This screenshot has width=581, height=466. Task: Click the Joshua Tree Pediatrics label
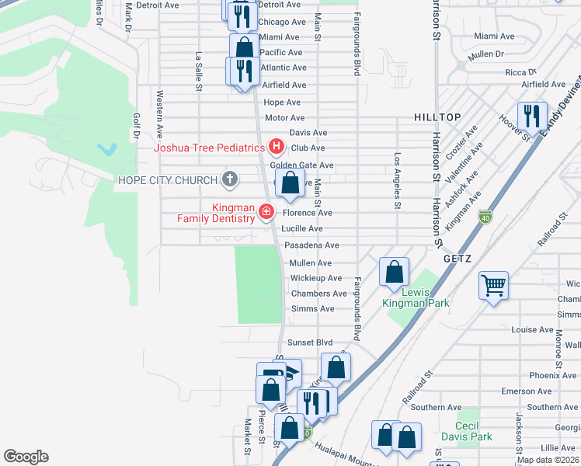(x=209, y=148)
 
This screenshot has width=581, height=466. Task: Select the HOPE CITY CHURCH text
(x=167, y=180)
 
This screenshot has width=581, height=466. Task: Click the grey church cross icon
(x=229, y=180)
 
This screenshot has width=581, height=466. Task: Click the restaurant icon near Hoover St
(x=532, y=116)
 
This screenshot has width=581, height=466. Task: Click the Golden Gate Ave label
(x=301, y=165)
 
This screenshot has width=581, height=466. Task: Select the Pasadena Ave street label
(x=311, y=245)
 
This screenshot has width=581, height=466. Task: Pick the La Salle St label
(x=199, y=71)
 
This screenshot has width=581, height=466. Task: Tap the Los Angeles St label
(x=397, y=191)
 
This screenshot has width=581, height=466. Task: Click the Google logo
(x=26, y=457)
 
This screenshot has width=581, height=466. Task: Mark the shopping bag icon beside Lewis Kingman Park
(x=395, y=273)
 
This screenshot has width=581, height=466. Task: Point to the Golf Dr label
(x=136, y=127)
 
